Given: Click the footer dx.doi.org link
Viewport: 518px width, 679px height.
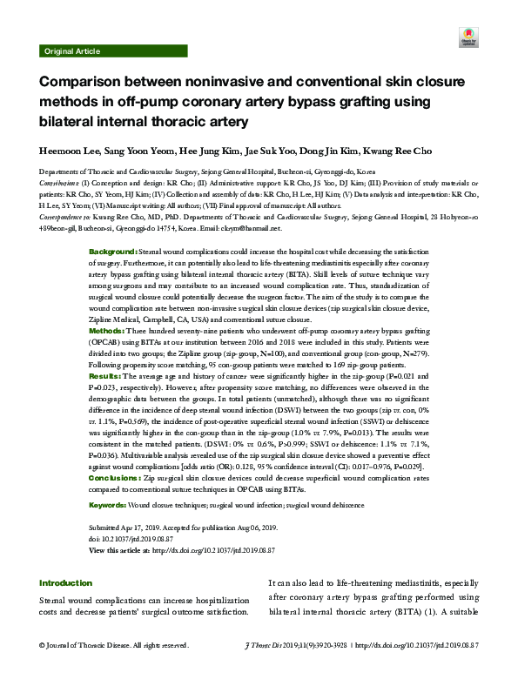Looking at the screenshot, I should [421, 646].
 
